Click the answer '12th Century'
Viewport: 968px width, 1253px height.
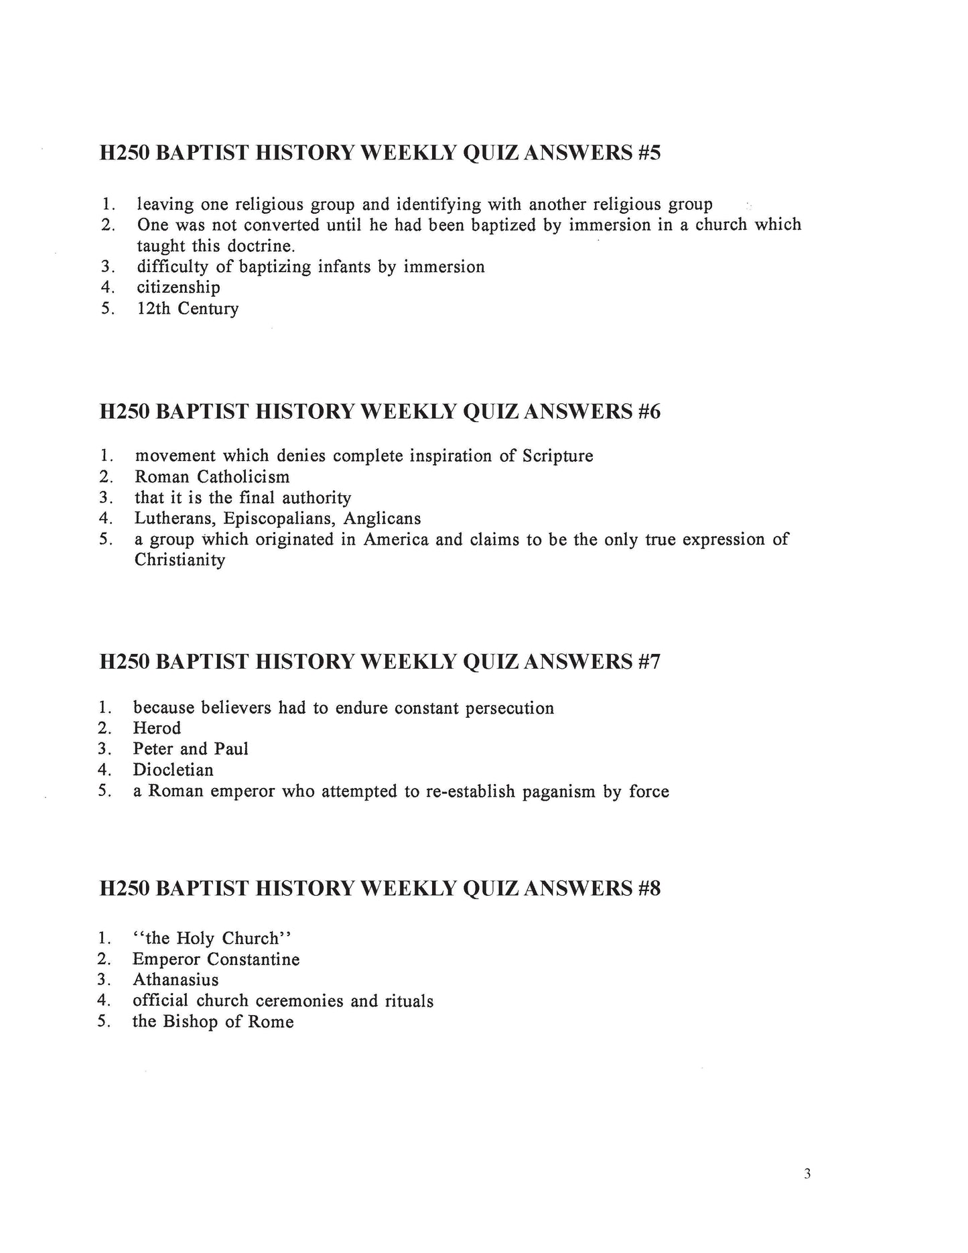[188, 309]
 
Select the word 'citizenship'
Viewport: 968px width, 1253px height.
[178, 288]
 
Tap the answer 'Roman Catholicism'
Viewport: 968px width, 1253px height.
[212, 477]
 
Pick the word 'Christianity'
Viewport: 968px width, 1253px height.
[180, 560]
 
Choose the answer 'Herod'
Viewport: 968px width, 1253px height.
[157, 728]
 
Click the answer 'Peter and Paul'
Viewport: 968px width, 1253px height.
[190, 749]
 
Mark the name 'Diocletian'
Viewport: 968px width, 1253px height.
[173, 770]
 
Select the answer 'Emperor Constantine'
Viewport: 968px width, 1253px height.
[216, 960]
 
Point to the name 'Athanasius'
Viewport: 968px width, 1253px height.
[176, 980]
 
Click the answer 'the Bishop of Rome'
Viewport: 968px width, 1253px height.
[213, 1022]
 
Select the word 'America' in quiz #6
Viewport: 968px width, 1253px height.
[395, 539]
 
